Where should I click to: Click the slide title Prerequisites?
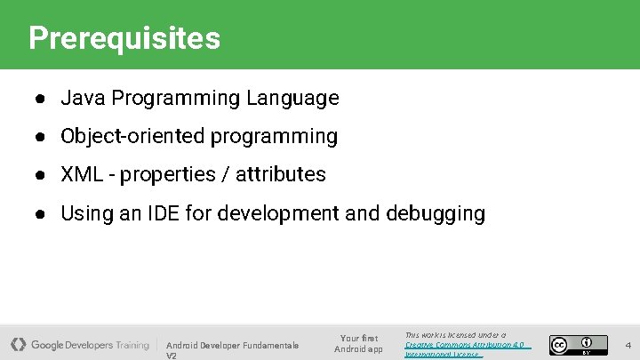pyautogui.click(x=124, y=38)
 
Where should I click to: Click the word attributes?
pyautogui.click(x=281, y=174)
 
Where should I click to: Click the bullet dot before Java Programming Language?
pyautogui.click(x=42, y=99)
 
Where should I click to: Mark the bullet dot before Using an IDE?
pyautogui.click(x=42, y=214)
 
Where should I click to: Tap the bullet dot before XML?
pyautogui.click(x=42, y=175)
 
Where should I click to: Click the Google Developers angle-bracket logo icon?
pyautogui.click(x=19, y=344)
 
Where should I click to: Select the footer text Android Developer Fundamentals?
pyautogui.click(x=232, y=345)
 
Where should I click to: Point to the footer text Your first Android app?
pyautogui.click(x=358, y=343)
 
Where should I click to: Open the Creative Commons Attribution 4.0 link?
pyautogui.click(x=464, y=344)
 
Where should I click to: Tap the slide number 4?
pyautogui.click(x=628, y=344)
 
